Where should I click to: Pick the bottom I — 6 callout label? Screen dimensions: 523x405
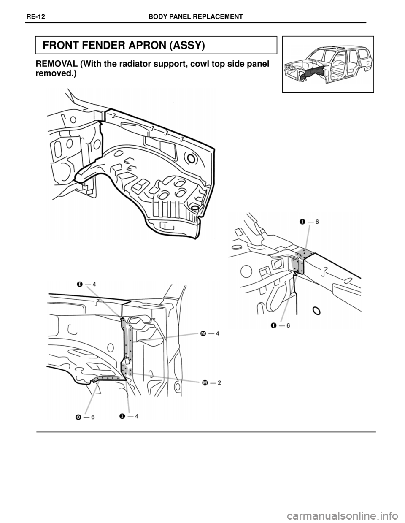[280, 325]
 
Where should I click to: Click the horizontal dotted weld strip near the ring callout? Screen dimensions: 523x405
[109, 379]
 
